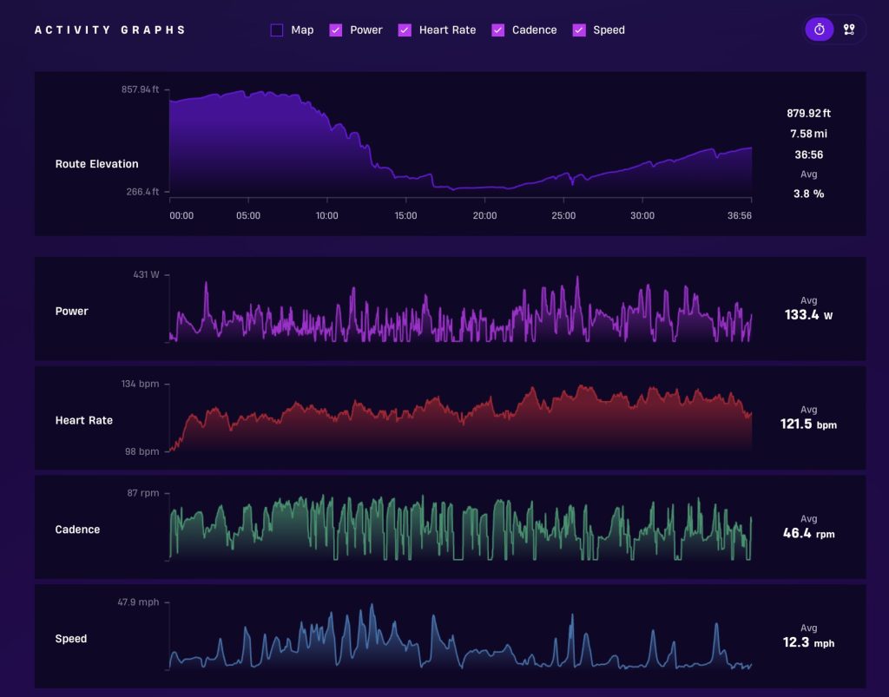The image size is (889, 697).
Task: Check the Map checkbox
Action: point(277,30)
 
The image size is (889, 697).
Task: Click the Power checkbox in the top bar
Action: point(336,30)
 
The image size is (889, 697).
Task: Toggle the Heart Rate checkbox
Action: point(405,30)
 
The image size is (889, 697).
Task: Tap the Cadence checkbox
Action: point(497,30)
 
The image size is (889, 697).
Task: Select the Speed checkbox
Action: point(579,30)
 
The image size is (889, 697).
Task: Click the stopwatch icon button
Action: point(820,30)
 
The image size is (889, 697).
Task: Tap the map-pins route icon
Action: point(849,30)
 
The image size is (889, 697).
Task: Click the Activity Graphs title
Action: point(110,30)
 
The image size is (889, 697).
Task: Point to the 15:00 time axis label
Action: point(405,216)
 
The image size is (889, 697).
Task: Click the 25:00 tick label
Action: point(563,216)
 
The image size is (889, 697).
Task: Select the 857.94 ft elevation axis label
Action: point(140,89)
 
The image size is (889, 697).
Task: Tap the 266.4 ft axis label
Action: point(142,192)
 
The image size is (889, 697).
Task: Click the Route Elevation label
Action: point(97,164)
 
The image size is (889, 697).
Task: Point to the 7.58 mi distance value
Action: point(808,134)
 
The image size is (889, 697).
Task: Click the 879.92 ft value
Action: point(808,114)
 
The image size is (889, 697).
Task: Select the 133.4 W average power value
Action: point(808,315)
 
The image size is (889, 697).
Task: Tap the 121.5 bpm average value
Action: point(808,424)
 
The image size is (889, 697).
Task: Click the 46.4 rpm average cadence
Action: point(808,533)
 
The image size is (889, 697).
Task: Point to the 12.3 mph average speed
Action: point(808,642)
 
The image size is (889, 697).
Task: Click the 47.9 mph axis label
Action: point(138,602)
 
